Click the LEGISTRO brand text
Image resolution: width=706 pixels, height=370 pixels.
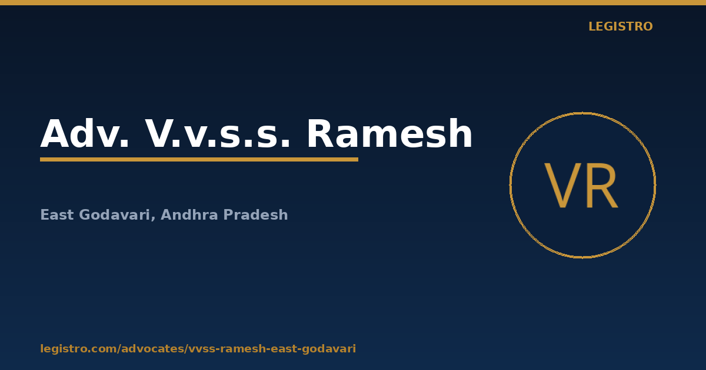point(620,26)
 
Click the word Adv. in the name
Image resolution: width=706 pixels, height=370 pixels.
point(85,133)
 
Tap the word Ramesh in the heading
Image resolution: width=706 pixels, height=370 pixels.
point(389,133)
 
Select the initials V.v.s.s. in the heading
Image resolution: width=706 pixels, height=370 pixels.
point(217,133)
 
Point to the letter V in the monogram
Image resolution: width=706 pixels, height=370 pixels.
point(562,186)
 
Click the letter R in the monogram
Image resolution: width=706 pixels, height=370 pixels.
point(602,186)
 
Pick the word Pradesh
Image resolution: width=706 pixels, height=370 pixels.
point(255,215)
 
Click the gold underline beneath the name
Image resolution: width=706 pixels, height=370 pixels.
point(199,160)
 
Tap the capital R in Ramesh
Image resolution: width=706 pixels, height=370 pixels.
point(319,133)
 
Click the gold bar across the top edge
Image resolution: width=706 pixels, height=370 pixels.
point(353,2)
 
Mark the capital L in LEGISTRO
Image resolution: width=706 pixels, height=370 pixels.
point(592,26)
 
